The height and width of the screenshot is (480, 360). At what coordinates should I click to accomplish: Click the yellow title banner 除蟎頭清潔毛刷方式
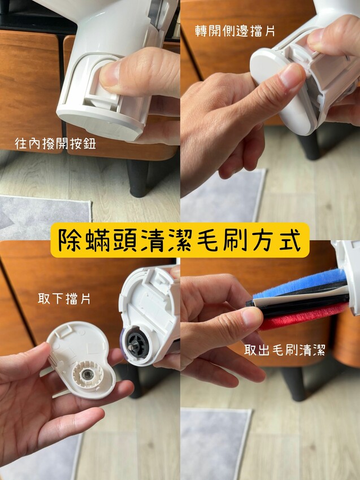180,240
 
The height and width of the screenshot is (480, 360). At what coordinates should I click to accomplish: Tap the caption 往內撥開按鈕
55,143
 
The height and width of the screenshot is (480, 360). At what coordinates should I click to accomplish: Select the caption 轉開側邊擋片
235,31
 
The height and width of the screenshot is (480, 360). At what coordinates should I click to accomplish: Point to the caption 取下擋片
64,299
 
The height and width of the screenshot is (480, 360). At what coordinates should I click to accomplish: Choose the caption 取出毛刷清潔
285,350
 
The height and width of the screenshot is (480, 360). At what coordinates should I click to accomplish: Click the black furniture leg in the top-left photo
138,178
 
